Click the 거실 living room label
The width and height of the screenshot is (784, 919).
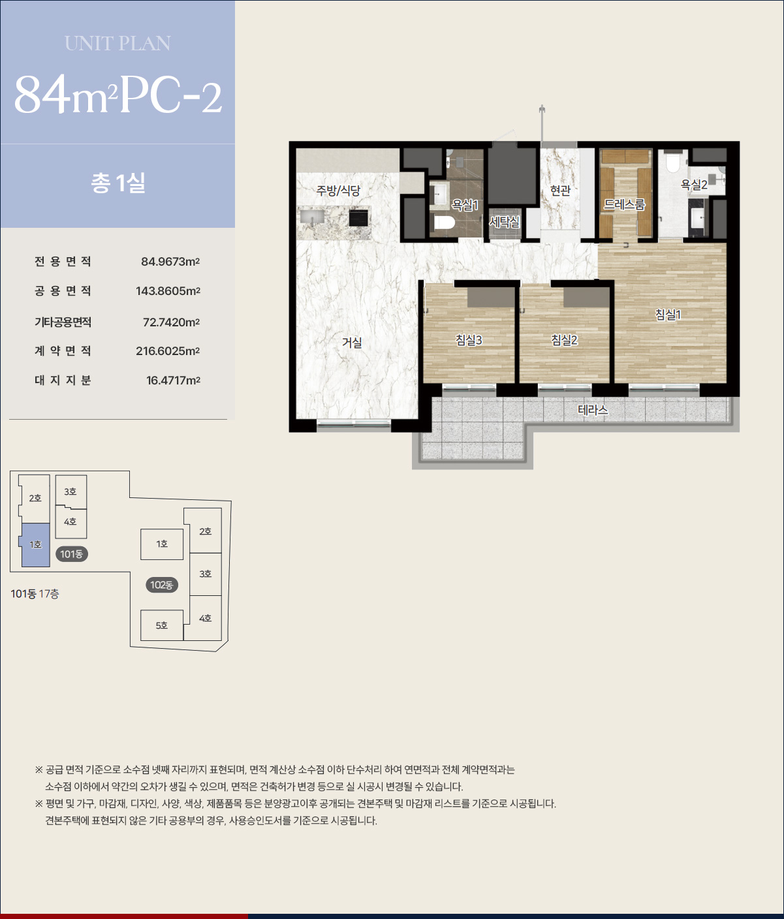point(351,343)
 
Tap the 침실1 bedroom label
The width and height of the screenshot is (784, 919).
point(668,315)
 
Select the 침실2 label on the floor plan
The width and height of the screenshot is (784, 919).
point(564,340)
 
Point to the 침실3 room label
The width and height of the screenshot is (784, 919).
point(469,340)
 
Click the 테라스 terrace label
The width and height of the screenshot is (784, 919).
point(593,410)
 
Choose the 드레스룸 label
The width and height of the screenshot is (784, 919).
point(624,204)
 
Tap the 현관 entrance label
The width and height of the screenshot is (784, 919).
point(560,191)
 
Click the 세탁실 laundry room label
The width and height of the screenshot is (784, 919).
point(505,222)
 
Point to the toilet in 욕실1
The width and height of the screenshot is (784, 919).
point(445,223)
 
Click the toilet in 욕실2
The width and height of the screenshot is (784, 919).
point(673,163)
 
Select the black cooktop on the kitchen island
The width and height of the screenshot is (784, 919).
point(358,218)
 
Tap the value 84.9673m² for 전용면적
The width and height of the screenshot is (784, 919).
point(170,262)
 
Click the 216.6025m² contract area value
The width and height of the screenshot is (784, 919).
point(168,350)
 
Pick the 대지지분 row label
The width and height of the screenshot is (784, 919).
point(63,380)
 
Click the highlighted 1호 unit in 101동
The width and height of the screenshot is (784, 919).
point(35,544)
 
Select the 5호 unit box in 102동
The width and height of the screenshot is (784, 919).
point(162,625)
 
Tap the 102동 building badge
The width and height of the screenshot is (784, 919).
point(161,585)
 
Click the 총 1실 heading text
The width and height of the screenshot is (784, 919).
point(118,183)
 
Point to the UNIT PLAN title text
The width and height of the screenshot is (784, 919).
point(118,44)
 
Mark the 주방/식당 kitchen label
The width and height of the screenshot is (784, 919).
point(338,191)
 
